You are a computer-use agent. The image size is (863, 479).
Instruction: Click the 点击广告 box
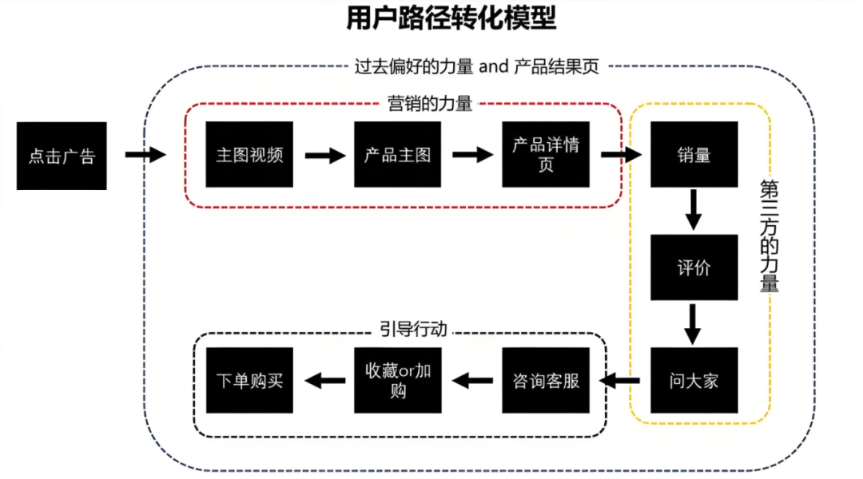coord(62,156)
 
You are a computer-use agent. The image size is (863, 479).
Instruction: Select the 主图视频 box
coord(249,154)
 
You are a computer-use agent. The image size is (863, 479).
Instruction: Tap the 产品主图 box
coord(397,154)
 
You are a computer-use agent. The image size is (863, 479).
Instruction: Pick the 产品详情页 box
coord(546,154)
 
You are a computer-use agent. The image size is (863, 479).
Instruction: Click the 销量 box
coord(694,154)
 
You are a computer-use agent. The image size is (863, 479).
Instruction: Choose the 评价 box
coord(694,267)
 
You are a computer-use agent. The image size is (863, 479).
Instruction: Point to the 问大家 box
coord(694,380)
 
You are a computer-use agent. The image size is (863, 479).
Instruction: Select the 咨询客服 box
coord(546,380)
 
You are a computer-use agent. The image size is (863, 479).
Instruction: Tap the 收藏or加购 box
coord(397,380)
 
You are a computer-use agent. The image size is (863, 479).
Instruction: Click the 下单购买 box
coord(249,380)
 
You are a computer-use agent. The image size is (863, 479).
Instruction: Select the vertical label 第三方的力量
coord(769,236)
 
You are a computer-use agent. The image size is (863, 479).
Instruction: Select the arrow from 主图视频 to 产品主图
coord(324,155)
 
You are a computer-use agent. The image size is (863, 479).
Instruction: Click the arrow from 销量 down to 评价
coord(694,210)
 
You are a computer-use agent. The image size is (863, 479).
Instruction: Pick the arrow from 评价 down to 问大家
coord(694,323)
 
